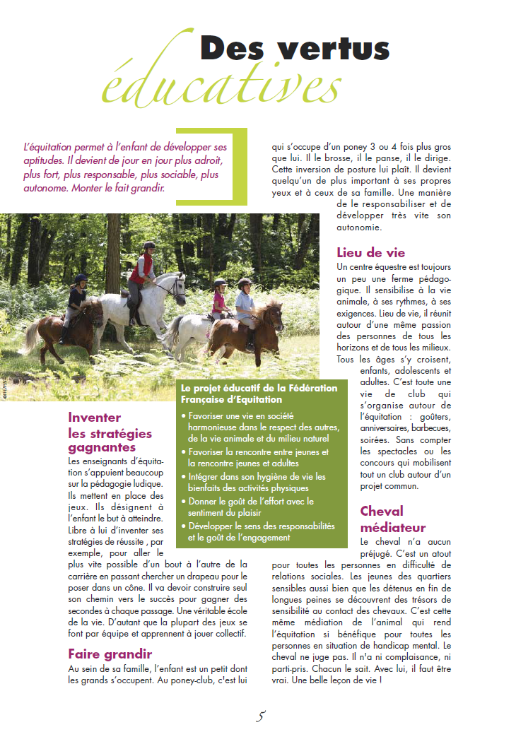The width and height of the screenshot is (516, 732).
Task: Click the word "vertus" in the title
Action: point(334,49)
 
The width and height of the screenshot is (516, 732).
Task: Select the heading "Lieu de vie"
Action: point(371,253)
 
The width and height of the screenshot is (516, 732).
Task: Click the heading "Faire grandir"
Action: point(110,654)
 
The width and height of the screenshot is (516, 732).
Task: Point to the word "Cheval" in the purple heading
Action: point(382,511)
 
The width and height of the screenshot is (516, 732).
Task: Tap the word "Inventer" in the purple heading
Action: point(94,418)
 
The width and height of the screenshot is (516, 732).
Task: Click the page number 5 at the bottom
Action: point(260,716)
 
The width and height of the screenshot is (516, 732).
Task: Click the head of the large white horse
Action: point(177,285)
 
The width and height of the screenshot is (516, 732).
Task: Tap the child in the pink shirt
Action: point(219,300)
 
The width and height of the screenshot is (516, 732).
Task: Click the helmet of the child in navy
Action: point(81,279)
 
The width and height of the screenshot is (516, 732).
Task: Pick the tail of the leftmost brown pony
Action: point(33,335)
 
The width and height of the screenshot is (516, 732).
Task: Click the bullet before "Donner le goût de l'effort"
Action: point(184,502)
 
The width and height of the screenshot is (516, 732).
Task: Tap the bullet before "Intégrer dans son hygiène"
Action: point(184,477)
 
